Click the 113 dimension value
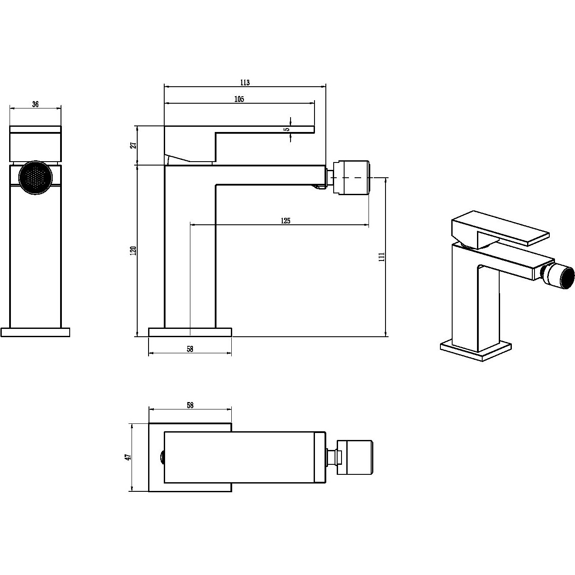point(245,82)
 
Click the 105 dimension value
point(239,99)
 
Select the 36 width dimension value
point(35,105)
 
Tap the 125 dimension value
point(285,221)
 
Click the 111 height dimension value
point(382,257)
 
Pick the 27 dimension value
point(134,145)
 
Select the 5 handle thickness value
point(287,129)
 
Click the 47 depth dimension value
point(128,457)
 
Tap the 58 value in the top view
point(190,405)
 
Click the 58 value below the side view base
point(190,349)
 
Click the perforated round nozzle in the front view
point(36,178)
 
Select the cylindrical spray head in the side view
point(352,178)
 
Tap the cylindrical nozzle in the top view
point(355,457)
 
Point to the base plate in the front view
point(35,332)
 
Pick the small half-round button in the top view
point(162,457)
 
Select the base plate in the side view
point(190,332)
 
